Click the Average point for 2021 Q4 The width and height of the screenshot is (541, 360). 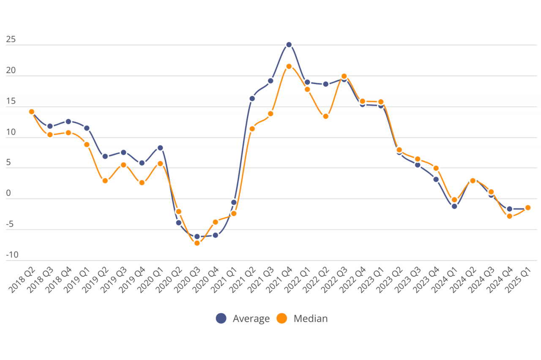point(289,44)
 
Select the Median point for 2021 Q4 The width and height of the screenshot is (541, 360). point(289,66)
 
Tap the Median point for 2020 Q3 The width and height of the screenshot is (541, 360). point(197,243)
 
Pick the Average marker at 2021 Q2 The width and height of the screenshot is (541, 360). point(252,98)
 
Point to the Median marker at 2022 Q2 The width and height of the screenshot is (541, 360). point(325,116)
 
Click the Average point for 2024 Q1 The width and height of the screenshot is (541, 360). point(454,206)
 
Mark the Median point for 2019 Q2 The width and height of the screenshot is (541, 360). point(105,181)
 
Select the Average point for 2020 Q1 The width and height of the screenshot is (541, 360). point(160,148)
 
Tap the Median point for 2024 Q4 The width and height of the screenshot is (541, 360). point(509,216)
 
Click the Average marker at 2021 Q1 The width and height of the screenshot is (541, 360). point(234,202)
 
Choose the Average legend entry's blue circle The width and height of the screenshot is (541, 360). point(221,318)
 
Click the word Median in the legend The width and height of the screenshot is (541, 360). point(311,318)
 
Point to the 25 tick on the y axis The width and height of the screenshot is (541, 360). point(11,40)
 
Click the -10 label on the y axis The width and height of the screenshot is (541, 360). point(12,255)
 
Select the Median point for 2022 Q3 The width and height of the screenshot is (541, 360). point(344,76)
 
